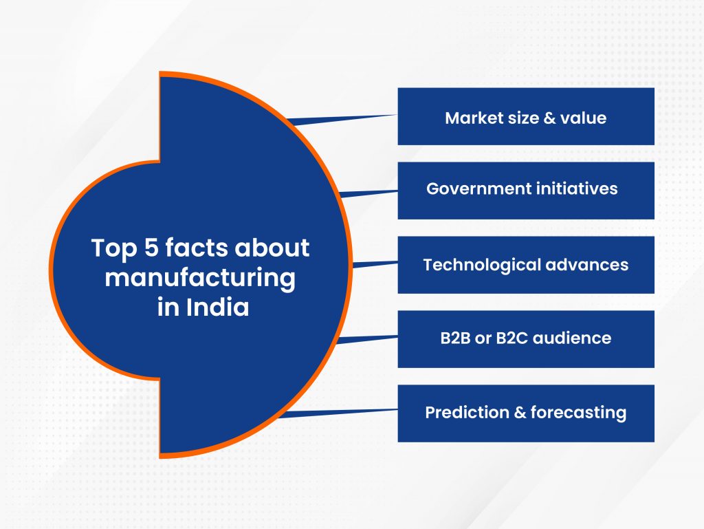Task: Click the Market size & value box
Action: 525,116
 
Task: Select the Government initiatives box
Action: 525,191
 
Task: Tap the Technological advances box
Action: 525,265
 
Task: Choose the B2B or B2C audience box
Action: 525,339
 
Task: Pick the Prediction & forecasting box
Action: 525,413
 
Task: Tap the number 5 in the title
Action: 151,248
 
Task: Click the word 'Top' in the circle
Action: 114,249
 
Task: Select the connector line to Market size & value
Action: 344,119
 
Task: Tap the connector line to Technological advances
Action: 375,263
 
